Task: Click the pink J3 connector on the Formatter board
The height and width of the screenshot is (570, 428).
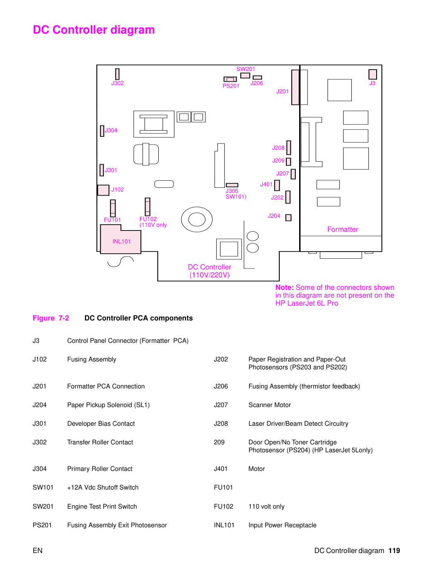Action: (372, 74)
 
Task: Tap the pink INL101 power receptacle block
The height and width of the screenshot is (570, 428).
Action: (121, 239)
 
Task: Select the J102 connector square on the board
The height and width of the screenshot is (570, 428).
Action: (103, 190)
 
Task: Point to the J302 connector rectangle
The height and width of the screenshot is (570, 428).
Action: (117, 74)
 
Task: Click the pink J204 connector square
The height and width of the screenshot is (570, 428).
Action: (288, 218)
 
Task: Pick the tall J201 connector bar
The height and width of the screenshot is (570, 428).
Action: (295, 87)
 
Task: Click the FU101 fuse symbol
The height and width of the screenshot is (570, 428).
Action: (113, 208)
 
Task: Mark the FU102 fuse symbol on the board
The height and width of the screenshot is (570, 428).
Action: (148, 207)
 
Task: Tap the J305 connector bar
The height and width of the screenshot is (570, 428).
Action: (232, 185)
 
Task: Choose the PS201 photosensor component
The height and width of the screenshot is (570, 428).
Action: (230, 79)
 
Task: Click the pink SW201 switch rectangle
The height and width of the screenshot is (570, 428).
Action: (245, 75)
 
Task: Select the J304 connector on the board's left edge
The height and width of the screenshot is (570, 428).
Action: (102, 131)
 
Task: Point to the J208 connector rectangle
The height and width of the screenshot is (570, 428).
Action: (289, 148)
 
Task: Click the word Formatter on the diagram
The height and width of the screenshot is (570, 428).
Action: (342, 229)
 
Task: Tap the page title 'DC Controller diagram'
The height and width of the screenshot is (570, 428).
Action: (94, 30)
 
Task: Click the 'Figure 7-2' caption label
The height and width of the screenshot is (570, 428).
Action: (51, 318)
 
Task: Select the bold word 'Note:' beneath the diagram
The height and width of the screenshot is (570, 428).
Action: (285, 287)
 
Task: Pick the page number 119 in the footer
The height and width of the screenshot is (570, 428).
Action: (394, 551)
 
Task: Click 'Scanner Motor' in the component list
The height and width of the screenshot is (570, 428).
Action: (269, 405)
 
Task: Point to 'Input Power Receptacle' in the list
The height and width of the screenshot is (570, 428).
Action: (283, 525)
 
